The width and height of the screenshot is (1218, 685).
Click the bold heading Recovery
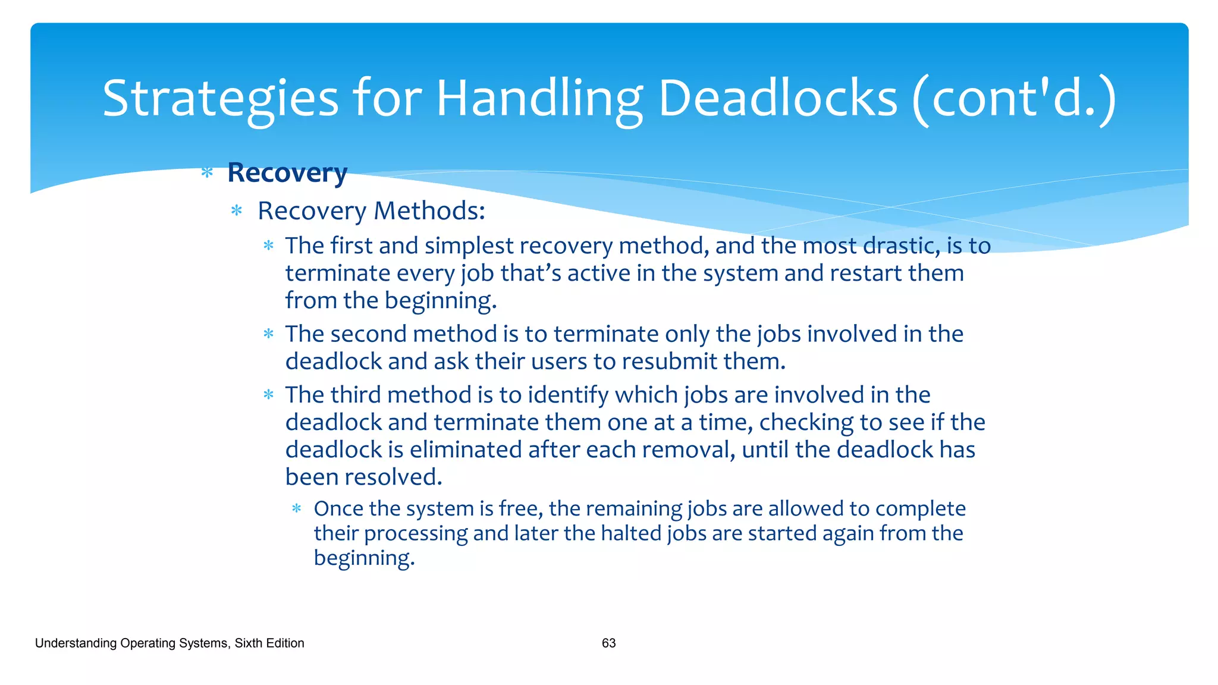point(287,173)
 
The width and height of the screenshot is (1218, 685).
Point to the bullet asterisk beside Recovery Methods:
point(237,210)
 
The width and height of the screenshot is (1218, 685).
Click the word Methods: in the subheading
point(429,210)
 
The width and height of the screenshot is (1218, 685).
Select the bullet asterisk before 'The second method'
point(269,334)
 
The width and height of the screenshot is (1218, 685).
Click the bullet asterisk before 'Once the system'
point(297,509)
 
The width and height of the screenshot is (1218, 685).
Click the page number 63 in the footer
point(608,643)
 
